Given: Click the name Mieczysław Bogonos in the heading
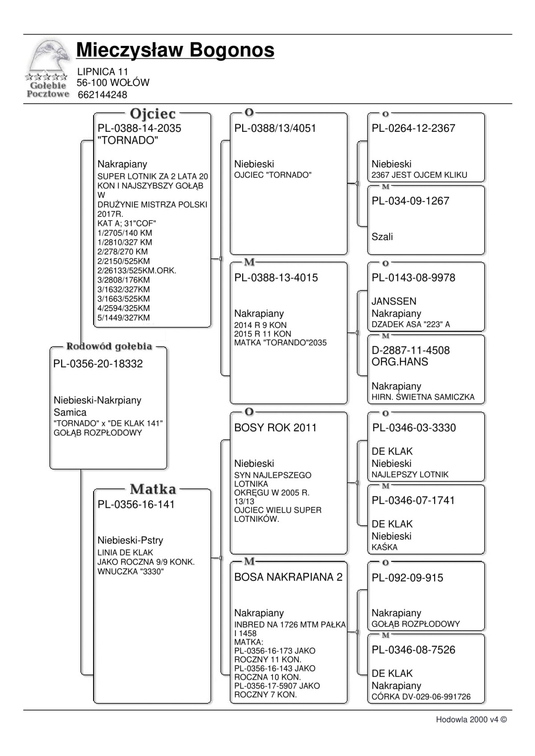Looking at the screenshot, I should (x=175, y=50).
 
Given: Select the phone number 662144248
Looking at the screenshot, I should (x=102, y=95).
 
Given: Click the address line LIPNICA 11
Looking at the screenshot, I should (x=102, y=72).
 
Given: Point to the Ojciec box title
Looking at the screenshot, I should (x=152, y=114).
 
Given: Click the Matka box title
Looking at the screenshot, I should (x=153, y=489).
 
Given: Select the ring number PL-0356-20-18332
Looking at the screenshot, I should (x=98, y=364).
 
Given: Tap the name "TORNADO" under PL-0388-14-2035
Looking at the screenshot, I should (x=128, y=140).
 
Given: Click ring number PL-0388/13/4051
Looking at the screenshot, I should (x=275, y=128).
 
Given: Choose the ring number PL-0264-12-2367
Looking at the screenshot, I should (x=413, y=128).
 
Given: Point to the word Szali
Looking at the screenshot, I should (x=382, y=237).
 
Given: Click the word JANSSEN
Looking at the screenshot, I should (x=394, y=302).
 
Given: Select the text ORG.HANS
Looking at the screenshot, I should (x=399, y=362).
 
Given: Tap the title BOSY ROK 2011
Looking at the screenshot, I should (x=275, y=428).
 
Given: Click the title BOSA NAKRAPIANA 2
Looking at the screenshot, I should (x=288, y=577).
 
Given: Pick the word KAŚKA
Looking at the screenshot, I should (x=384, y=547).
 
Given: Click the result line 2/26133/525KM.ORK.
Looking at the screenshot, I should (x=136, y=270).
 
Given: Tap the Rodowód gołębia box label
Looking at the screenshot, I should (x=109, y=346).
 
